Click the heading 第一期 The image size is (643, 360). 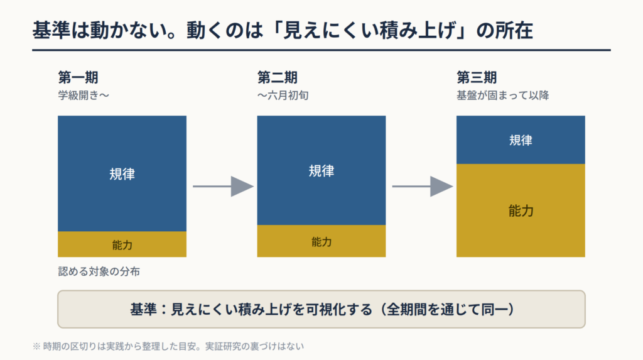(x=78, y=77)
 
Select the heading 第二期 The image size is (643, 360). (x=277, y=77)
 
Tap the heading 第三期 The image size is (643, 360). (x=477, y=77)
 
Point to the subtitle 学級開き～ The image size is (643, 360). (x=84, y=95)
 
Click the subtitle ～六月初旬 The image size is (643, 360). (x=283, y=95)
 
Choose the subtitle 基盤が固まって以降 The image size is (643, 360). (x=503, y=95)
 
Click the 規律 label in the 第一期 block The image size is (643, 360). (x=122, y=174)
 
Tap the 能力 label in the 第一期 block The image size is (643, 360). (x=122, y=245)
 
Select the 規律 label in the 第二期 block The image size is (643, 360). (x=321, y=171)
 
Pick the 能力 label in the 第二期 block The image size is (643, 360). (x=321, y=242)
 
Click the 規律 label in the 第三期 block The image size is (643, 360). (x=521, y=140)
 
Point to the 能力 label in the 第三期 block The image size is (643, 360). (x=521, y=211)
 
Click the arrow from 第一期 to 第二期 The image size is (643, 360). (x=223, y=187)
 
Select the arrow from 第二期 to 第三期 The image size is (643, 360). (x=423, y=187)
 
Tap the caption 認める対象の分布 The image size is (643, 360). (x=99, y=271)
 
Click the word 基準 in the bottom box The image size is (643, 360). (x=143, y=309)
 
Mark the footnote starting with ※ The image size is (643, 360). (x=168, y=346)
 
